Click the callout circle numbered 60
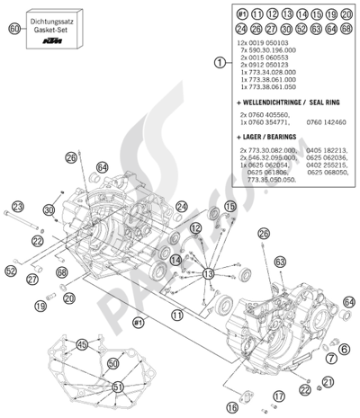point(13,30)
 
